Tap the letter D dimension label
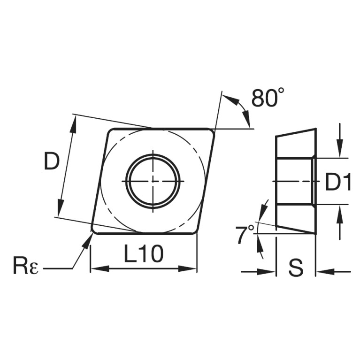[x=52, y=161]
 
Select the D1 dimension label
[x=338, y=182]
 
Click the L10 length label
[x=144, y=254]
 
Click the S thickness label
[x=296, y=268]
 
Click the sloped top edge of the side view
[x=296, y=132]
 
